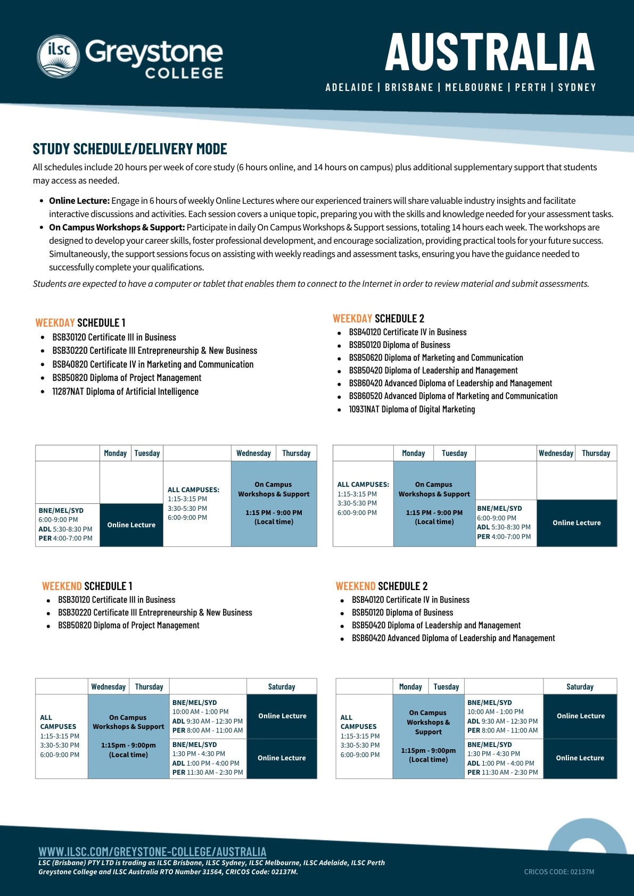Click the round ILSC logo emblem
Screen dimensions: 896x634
pyautogui.click(x=58, y=56)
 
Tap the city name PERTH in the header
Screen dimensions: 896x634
pyautogui.click(x=530, y=87)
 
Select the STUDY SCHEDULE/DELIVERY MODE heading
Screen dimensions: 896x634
pyautogui.click(x=130, y=149)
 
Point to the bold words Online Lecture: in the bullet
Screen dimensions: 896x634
pyautogui.click(x=79, y=201)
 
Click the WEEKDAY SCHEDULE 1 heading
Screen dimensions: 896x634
pyautogui.click(x=80, y=322)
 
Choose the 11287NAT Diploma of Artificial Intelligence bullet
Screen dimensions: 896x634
pyautogui.click(x=125, y=392)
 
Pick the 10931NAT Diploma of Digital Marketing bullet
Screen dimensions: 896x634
pyautogui.click(x=411, y=409)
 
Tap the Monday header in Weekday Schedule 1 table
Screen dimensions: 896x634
pyautogui.click(x=115, y=453)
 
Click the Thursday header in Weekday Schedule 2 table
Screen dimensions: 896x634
pyautogui.click(x=596, y=453)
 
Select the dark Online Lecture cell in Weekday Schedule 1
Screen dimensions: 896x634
pyautogui.click(x=131, y=525)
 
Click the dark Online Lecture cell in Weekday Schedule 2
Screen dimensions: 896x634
pyautogui.click(x=577, y=522)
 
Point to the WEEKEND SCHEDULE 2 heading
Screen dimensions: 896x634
pyautogui.click(x=381, y=586)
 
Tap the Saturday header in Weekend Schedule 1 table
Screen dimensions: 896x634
pyautogui.click(x=281, y=686)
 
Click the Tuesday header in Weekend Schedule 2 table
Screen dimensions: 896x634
pyautogui.click(x=446, y=686)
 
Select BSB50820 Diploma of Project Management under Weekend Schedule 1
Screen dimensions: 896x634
pyautogui.click(x=128, y=625)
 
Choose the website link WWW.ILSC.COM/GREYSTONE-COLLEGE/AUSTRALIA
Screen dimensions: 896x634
pyautogui.click(x=152, y=851)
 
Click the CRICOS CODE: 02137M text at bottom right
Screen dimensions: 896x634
pyautogui.click(x=559, y=872)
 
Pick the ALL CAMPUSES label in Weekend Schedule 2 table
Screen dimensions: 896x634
pyautogui.click(x=358, y=722)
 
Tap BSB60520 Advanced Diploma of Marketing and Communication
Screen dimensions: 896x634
pyautogui.click(x=453, y=396)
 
